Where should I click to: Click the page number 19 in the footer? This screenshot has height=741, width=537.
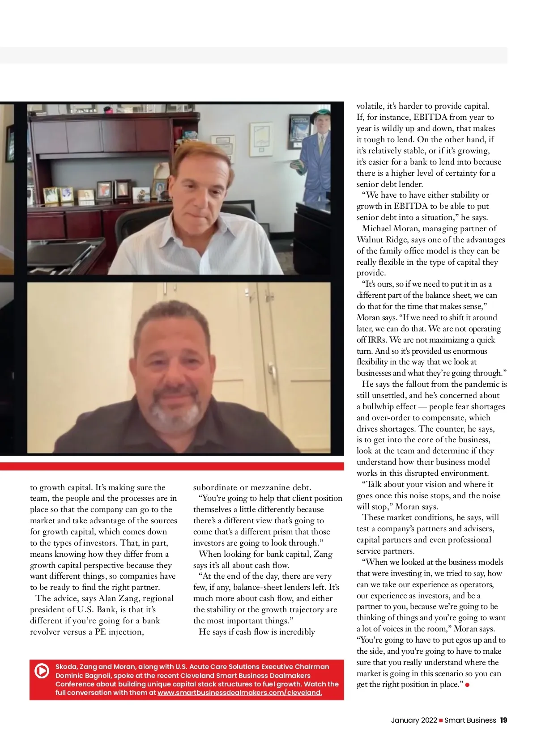coord(503,720)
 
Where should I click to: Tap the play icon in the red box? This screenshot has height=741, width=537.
coord(42,671)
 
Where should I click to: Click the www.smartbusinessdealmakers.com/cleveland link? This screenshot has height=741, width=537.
coord(239,693)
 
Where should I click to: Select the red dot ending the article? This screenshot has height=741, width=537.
coord(468,685)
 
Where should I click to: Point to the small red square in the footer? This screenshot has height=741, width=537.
coord(441,720)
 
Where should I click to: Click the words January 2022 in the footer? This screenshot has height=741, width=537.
coord(414,720)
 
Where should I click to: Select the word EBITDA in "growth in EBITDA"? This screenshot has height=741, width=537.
coord(410,206)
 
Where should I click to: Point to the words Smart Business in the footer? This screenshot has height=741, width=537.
coord(470,720)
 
